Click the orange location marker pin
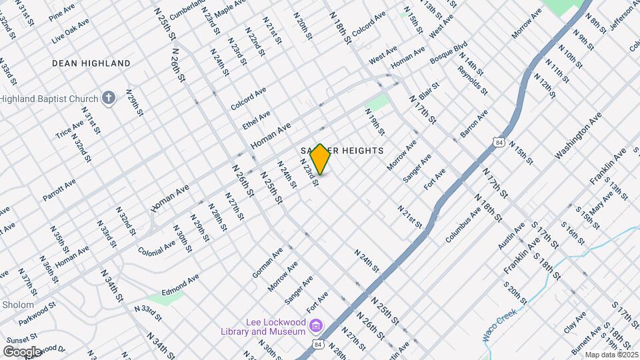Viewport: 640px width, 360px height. pyautogui.click(x=320, y=159)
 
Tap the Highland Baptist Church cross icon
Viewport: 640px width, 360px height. pyautogui.click(x=109, y=99)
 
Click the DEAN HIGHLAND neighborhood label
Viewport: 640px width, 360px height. pyautogui.click(x=91, y=63)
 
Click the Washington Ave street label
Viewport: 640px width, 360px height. pyautogui.click(x=579, y=135)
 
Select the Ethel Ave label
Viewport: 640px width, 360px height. pyautogui.click(x=256, y=120)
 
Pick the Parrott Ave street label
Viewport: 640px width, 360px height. pyautogui.click(x=59, y=189)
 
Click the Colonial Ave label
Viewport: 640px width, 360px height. pyautogui.click(x=157, y=242)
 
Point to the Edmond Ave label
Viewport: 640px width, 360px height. pyautogui.click(x=180, y=286)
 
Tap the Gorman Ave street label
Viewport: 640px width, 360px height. pyautogui.click(x=267, y=262)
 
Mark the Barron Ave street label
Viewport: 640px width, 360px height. pyautogui.click(x=474, y=123)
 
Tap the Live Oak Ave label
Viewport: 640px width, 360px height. pyautogui.click(x=70, y=33)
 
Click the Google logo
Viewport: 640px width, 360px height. pyautogui.click(x=22, y=351)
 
